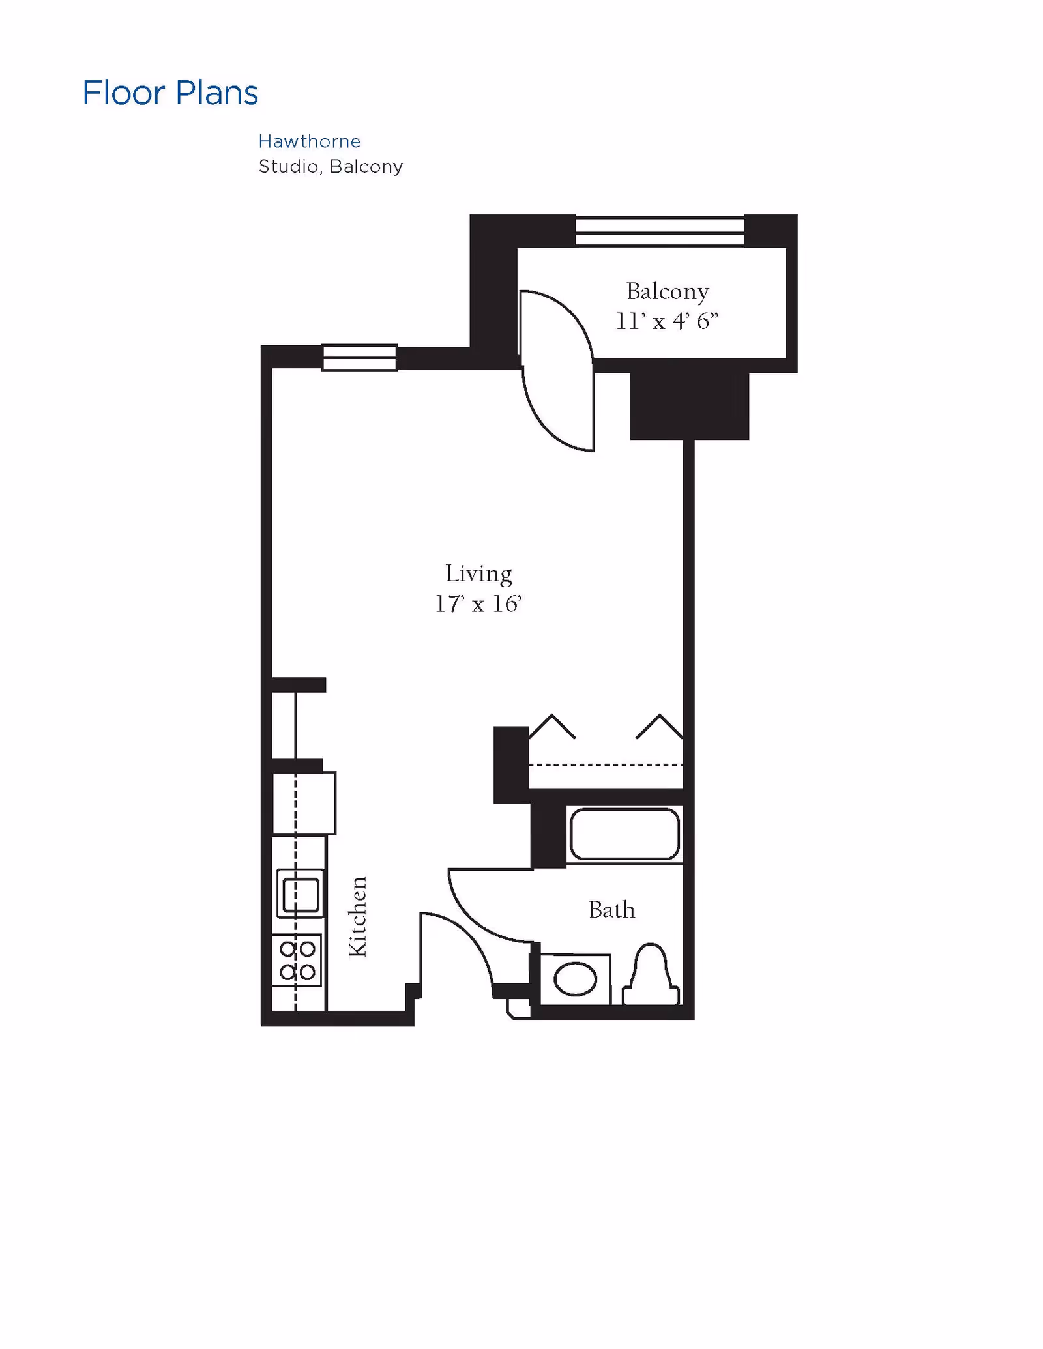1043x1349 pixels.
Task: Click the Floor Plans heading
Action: pyautogui.click(x=170, y=93)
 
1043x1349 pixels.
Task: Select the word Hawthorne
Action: pyautogui.click(x=309, y=141)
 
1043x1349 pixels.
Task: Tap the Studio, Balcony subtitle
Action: pyautogui.click(x=331, y=167)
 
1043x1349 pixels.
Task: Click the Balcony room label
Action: pyautogui.click(x=667, y=291)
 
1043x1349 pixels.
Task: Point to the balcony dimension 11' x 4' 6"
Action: pyautogui.click(x=667, y=321)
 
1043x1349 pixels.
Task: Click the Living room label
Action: pyautogui.click(x=478, y=573)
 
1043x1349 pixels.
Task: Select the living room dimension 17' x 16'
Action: pyautogui.click(x=478, y=604)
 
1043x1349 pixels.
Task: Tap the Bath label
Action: pyautogui.click(x=611, y=910)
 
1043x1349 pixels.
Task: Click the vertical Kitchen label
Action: pyautogui.click(x=358, y=917)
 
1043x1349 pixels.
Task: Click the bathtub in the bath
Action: pyautogui.click(x=624, y=834)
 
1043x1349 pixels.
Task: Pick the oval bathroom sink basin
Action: pyautogui.click(x=575, y=979)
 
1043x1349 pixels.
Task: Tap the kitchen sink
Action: pyautogui.click(x=301, y=893)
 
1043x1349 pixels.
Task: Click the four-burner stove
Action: pyautogui.click(x=297, y=961)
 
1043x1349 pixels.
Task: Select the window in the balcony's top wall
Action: pyautogui.click(x=659, y=231)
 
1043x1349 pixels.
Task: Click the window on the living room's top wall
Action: pyautogui.click(x=359, y=358)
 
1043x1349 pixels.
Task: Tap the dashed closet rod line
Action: pyautogui.click(x=606, y=764)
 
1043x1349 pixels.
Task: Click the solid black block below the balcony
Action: pyautogui.click(x=689, y=406)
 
